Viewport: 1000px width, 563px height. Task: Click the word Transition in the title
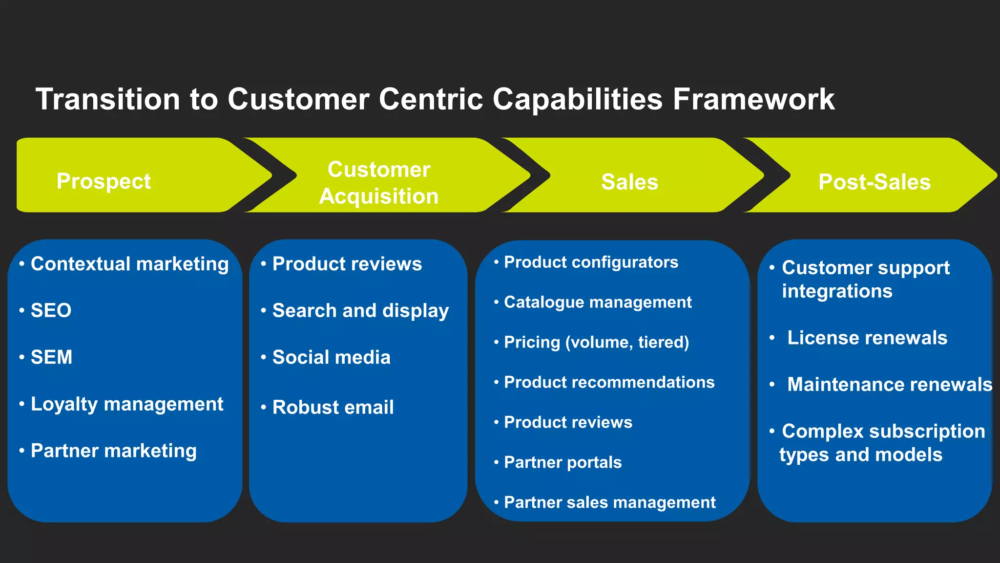(x=108, y=99)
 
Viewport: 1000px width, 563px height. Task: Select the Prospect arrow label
(x=104, y=181)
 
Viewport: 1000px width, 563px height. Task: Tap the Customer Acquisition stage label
(x=379, y=183)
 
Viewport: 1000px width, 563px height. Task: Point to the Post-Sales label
(x=874, y=182)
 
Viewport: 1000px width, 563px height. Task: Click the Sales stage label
(x=629, y=182)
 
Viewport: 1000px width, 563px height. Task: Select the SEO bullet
(x=51, y=310)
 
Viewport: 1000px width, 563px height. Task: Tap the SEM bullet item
(x=51, y=357)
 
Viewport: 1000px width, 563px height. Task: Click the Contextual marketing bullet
(x=129, y=264)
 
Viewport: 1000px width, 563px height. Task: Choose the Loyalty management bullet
(x=127, y=404)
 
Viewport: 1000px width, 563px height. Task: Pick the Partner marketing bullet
(x=113, y=451)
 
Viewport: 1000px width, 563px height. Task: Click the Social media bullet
(x=331, y=357)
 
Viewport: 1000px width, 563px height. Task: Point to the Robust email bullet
(x=333, y=407)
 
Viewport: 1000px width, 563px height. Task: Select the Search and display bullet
(x=360, y=311)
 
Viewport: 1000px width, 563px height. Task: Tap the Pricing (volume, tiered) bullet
(x=596, y=342)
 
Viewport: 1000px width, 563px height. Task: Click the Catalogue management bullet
(x=598, y=302)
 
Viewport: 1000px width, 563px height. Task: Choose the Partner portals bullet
(x=562, y=462)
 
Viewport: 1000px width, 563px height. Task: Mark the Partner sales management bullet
(x=609, y=502)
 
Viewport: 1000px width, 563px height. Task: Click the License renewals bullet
(x=867, y=338)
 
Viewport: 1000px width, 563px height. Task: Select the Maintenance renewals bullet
(x=889, y=385)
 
